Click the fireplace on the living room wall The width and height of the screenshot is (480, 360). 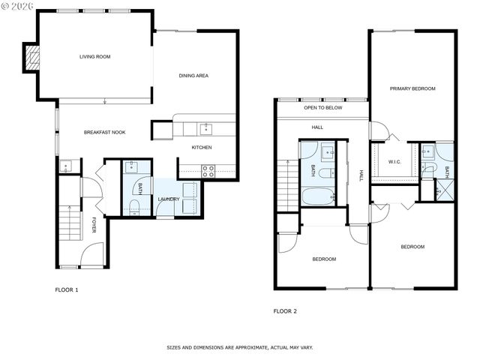(31, 58)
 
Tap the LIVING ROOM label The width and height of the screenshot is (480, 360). (95, 56)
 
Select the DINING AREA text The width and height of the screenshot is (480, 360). (193, 75)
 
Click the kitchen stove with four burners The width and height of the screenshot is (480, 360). (208, 171)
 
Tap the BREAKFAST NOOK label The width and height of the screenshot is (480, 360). (104, 132)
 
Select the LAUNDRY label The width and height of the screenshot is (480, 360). (168, 199)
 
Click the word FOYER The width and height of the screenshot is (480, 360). (94, 225)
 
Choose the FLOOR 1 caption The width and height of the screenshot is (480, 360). (67, 289)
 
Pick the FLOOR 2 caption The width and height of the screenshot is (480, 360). (285, 310)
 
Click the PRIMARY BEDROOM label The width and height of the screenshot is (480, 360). (412, 88)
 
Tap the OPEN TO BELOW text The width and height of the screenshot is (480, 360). (322, 108)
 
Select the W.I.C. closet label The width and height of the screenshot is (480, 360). (395, 162)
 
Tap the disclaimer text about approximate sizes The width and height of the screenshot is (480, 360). (239, 348)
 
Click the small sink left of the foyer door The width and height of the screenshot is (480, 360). (66, 166)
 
